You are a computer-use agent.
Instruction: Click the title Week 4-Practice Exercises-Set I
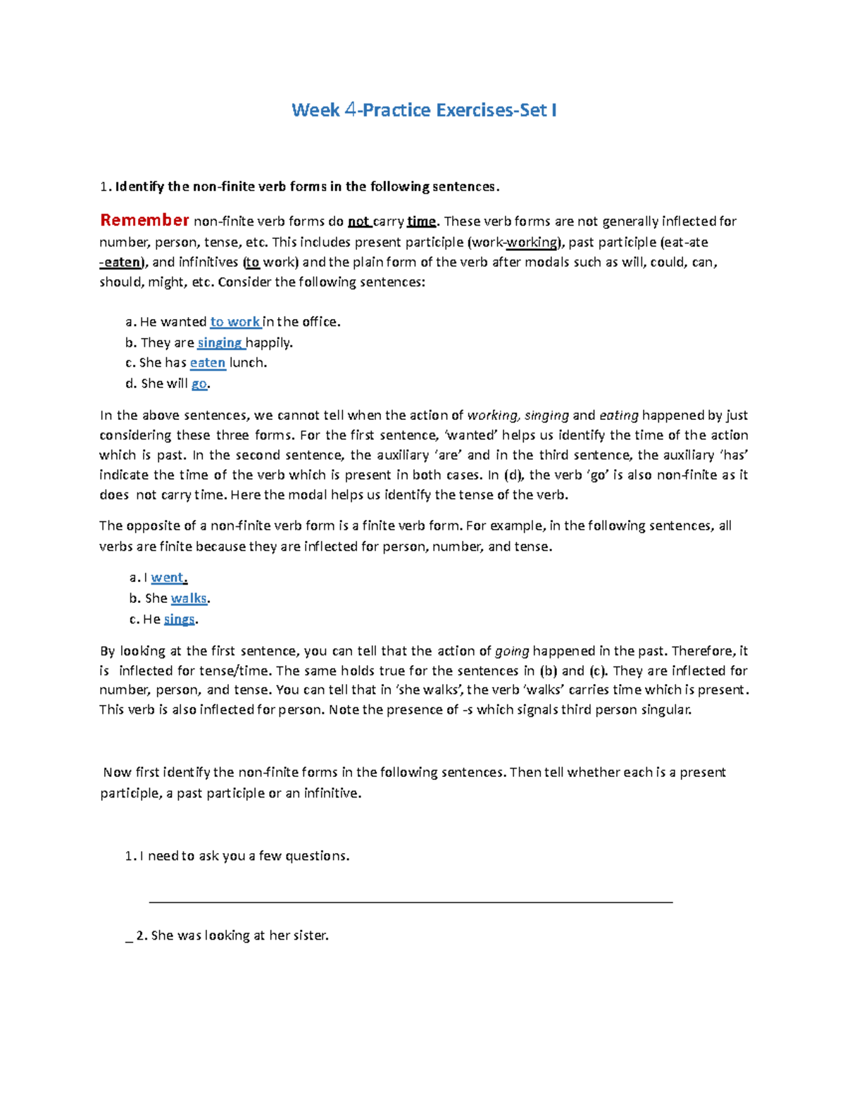click(424, 110)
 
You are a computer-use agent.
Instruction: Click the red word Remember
click(144, 220)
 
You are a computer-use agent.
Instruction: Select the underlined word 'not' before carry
click(359, 221)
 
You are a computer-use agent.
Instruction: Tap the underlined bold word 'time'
click(421, 221)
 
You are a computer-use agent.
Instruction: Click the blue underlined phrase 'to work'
click(235, 322)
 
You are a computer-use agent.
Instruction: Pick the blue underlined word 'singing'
click(220, 343)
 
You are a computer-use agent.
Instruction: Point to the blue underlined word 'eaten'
click(208, 363)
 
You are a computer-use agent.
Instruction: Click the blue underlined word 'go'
click(199, 384)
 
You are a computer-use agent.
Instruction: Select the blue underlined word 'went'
click(168, 578)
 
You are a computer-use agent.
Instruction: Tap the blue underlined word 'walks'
click(189, 599)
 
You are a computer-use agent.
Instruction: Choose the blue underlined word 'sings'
click(179, 620)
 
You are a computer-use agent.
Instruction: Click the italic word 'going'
click(512, 651)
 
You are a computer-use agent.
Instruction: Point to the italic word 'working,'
click(494, 415)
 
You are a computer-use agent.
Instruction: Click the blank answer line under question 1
click(411, 901)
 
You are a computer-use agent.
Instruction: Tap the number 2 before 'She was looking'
click(141, 936)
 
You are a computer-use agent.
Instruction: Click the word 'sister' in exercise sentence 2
click(311, 936)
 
